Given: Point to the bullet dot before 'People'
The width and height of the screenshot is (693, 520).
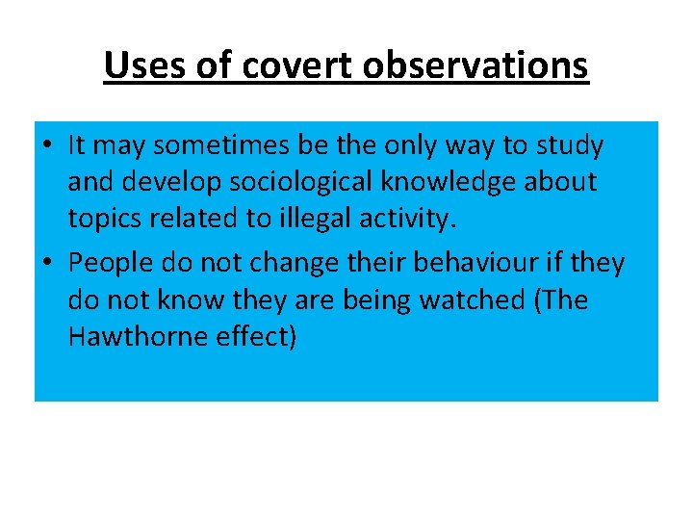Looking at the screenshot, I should click(47, 263).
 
